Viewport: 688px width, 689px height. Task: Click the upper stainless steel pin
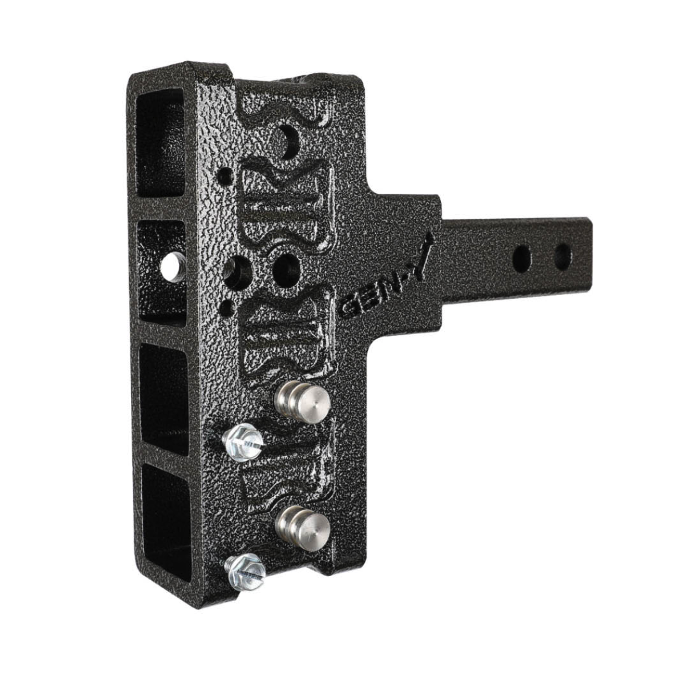(x=303, y=403)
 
